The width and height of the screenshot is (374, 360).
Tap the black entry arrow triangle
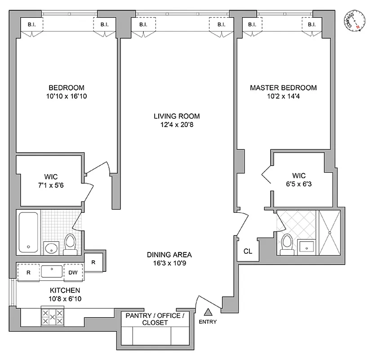(208, 312)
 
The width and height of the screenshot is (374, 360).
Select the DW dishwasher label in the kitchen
(72, 272)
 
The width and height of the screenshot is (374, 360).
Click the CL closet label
(248, 252)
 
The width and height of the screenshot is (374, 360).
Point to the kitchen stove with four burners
(53, 317)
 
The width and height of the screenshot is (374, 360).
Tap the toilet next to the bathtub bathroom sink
(70, 243)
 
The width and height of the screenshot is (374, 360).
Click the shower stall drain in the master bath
(331, 233)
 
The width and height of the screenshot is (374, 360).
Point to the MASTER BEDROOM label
(283, 88)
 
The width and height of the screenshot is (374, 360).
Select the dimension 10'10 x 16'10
(66, 96)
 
